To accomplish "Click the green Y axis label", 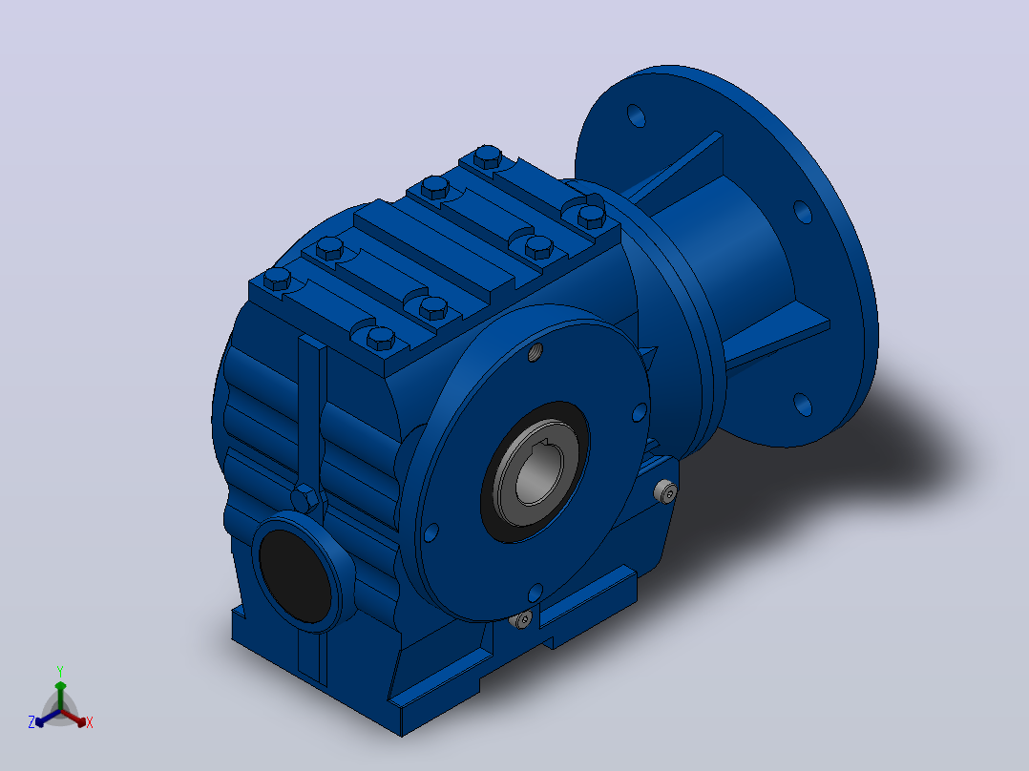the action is (x=60, y=671).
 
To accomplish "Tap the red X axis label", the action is (x=90, y=722).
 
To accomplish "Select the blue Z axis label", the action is (x=31, y=721).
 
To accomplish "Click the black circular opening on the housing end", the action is (x=295, y=575).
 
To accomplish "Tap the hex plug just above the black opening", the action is (x=305, y=499).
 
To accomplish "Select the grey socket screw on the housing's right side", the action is (x=666, y=490).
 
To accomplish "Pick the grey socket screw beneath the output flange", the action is (x=522, y=618).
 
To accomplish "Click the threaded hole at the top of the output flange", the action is (x=536, y=352).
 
